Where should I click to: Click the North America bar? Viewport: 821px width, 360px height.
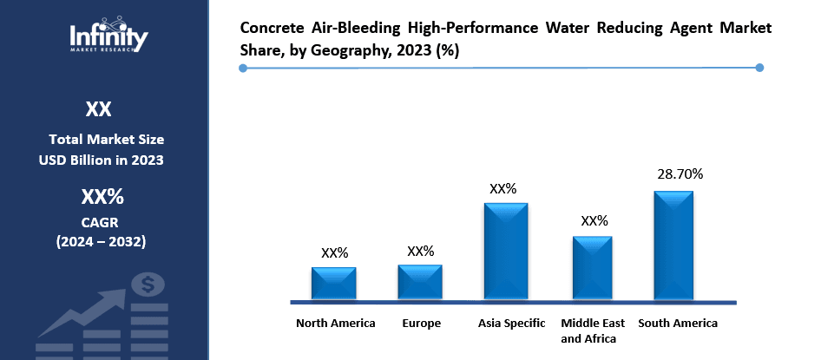334,284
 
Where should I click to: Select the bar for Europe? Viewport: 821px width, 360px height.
420,283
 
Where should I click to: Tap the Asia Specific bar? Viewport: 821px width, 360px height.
506,252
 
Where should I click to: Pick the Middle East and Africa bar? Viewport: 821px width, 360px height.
593,268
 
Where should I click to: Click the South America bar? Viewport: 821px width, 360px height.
673,245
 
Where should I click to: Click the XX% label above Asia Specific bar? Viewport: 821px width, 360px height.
503,188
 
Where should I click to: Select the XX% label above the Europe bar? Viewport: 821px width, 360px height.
421,252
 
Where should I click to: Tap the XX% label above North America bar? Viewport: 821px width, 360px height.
334,253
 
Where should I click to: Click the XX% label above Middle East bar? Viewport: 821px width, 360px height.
594,221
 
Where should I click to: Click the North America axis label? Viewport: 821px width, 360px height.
336,324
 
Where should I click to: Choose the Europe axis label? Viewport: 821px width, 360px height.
422,324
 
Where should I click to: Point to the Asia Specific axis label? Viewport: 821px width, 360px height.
512,324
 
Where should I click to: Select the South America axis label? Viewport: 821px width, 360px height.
678,324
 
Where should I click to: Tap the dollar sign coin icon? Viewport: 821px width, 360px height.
148,284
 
